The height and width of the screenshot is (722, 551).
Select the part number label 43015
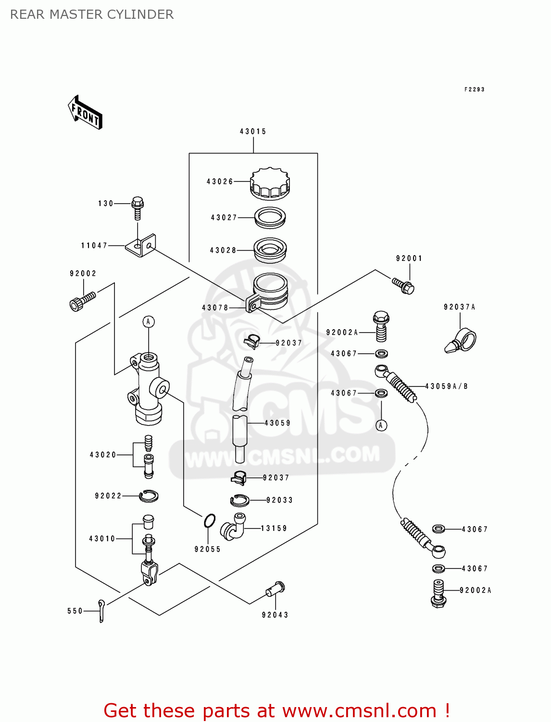[253, 131]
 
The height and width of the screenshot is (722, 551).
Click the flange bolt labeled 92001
[403, 286]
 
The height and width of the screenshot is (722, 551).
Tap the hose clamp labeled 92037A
[461, 341]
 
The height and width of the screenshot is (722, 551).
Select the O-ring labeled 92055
[210, 521]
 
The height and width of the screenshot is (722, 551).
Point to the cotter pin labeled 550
[101, 610]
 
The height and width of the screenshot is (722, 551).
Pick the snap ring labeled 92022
[149, 495]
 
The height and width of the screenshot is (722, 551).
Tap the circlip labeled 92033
[239, 501]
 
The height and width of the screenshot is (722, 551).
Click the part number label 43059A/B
[446, 386]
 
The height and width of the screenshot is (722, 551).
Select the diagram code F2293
[474, 90]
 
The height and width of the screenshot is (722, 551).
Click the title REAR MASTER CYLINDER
[92, 14]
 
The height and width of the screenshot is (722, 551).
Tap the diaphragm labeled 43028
[270, 250]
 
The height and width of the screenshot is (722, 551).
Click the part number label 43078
[215, 308]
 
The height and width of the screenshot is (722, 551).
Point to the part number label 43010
[102, 539]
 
